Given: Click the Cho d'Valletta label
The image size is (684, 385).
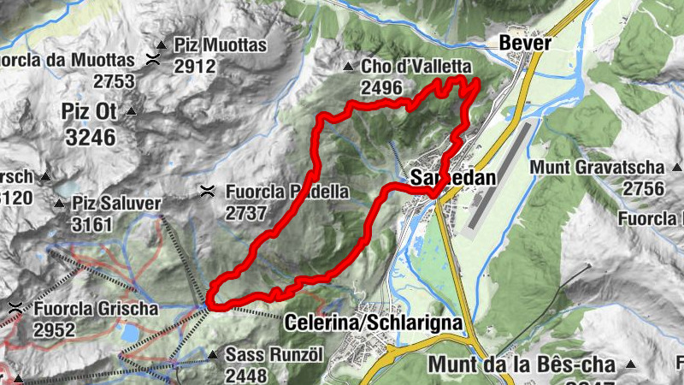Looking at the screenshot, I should (x=416, y=66).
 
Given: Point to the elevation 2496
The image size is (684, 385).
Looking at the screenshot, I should (x=381, y=87).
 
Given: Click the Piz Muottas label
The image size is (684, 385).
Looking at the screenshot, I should (x=221, y=45).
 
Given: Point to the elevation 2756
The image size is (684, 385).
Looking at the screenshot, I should (x=644, y=187).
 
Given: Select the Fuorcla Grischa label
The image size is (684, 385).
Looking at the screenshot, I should (x=97, y=306).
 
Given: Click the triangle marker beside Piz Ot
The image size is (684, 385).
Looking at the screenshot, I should (x=131, y=112).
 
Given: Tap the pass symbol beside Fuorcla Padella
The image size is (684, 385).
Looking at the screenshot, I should (x=206, y=192).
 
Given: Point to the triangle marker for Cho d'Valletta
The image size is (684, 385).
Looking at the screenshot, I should (x=348, y=67).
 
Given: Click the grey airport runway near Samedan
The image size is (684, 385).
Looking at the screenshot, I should (x=503, y=175).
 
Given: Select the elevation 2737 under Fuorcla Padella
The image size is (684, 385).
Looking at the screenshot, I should (x=245, y=213).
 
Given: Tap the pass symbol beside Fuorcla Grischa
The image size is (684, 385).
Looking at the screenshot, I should (x=15, y=307).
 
